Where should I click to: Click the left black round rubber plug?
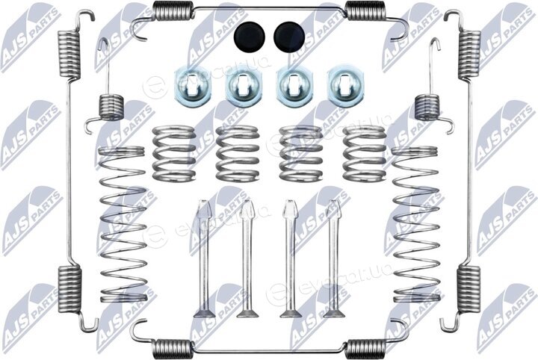250,37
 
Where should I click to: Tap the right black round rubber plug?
289,37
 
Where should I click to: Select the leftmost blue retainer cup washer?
193,86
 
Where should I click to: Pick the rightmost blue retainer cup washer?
344,86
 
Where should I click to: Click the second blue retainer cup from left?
244,86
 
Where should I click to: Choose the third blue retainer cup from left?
294,86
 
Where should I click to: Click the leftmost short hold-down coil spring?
173,153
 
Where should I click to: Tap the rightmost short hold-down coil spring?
365,153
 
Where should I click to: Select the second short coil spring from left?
237,153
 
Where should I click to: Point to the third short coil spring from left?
301,153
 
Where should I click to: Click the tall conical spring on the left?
123,224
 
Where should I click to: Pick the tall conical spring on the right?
415,224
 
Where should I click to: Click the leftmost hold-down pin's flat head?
204,313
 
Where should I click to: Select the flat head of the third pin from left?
291,313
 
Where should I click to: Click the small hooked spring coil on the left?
111,108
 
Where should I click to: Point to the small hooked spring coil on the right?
427,108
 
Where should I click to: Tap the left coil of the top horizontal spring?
173,10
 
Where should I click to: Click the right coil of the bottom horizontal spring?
365,349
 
